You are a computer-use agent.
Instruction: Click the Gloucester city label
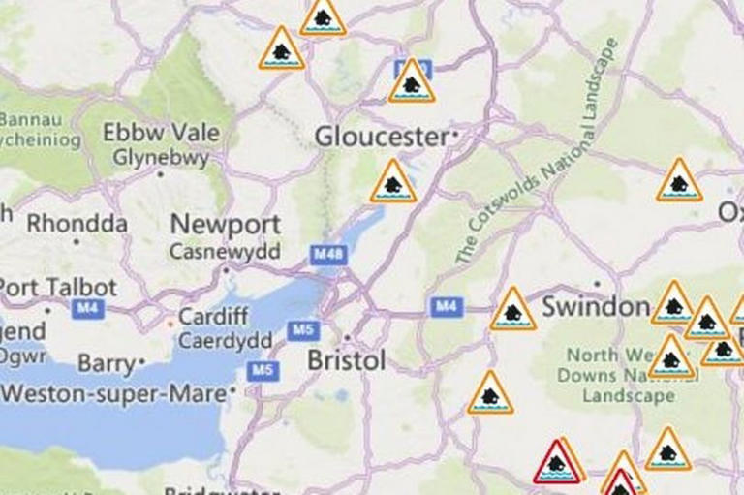click(382, 137)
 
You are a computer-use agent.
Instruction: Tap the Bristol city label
click(346, 361)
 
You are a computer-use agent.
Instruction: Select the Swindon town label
click(595, 308)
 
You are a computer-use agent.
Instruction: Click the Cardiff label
click(213, 317)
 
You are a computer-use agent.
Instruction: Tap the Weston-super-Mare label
click(114, 394)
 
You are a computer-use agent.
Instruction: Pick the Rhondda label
click(77, 224)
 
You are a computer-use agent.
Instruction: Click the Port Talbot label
click(58, 288)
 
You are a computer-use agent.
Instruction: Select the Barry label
click(108, 363)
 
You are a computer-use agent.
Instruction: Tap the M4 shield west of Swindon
click(445, 308)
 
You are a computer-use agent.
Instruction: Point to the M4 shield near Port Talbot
click(87, 308)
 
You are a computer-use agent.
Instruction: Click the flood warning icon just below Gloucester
click(393, 183)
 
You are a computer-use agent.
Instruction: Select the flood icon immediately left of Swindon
click(512, 311)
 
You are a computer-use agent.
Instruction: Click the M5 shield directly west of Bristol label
click(302, 331)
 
